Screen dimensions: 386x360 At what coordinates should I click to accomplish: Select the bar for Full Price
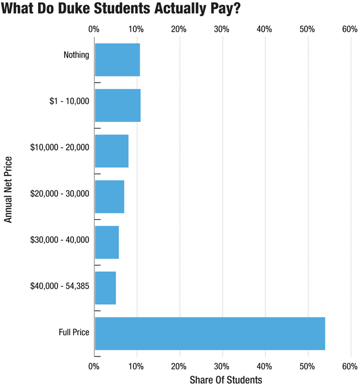point(209,333)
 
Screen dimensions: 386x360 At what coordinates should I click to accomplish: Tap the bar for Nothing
point(117,59)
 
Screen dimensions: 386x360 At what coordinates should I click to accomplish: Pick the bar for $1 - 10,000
point(118,105)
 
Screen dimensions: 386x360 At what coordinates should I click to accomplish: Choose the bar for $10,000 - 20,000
point(111,151)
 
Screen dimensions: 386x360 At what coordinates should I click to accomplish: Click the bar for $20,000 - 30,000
point(109,197)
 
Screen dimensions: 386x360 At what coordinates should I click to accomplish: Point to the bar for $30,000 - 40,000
point(107,242)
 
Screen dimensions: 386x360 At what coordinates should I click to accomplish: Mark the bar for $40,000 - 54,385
point(105,288)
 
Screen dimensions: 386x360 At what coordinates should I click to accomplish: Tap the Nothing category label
point(77,55)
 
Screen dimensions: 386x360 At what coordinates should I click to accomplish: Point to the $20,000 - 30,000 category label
point(60,193)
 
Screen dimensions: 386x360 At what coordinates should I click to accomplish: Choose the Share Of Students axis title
point(226,380)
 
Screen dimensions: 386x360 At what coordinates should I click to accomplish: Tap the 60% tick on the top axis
point(350,29)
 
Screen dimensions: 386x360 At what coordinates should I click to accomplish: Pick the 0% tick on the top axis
point(93,29)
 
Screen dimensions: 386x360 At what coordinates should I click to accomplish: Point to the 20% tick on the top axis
point(179,29)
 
